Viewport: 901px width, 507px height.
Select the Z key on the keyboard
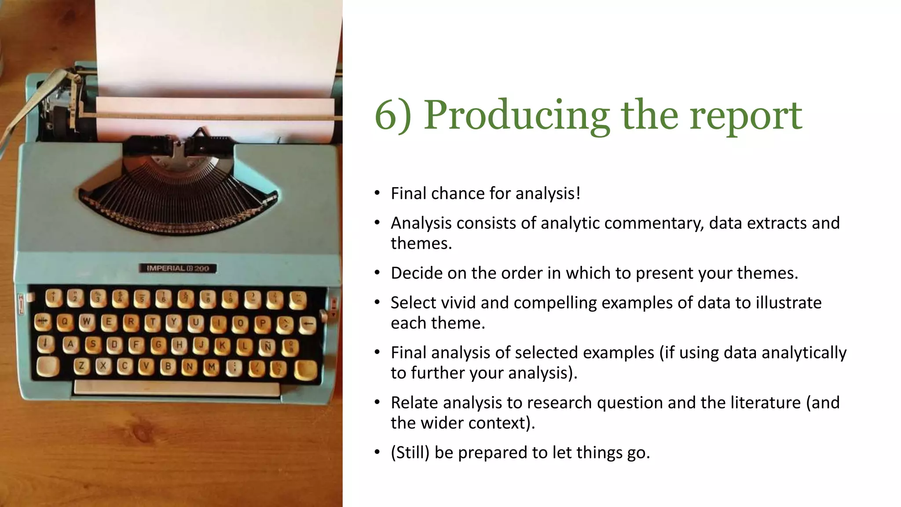(x=81, y=365)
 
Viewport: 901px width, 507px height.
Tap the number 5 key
(x=142, y=298)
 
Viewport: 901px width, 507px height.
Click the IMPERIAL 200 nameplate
(x=178, y=268)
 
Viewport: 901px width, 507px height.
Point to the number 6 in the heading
(x=385, y=115)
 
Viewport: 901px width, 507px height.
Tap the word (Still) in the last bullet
(x=410, y=453)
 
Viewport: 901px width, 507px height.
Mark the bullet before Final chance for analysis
(x=377, y=193)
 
